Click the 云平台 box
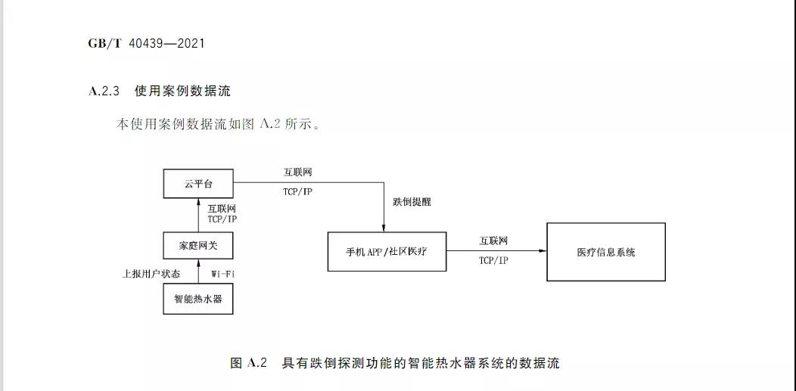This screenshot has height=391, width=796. (x=198, y=184)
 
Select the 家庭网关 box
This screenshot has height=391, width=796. (x=198, y=245)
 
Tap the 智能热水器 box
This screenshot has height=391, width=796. (x=198, y=299)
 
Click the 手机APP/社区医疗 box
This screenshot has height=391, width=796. (x=387, y=251)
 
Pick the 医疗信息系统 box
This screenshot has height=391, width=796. (x=606, y=252)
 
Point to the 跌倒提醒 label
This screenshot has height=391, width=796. (x=412, y=203)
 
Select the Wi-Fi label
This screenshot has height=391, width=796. (x=222, y=272)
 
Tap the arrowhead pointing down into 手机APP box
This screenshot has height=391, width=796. (x=384, y=228)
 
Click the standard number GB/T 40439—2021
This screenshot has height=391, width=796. (x=146, y=43)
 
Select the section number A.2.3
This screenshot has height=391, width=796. (x=104, y=92)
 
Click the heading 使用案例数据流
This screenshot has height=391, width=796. (x=182, y=92)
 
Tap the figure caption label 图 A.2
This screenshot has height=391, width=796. (x=249, y=363)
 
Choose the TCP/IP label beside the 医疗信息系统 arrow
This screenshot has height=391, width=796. (x=493, y=259)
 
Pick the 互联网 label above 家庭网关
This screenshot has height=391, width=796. (x=222, y=207)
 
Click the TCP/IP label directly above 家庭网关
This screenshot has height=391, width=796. (x=222, y=219)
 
